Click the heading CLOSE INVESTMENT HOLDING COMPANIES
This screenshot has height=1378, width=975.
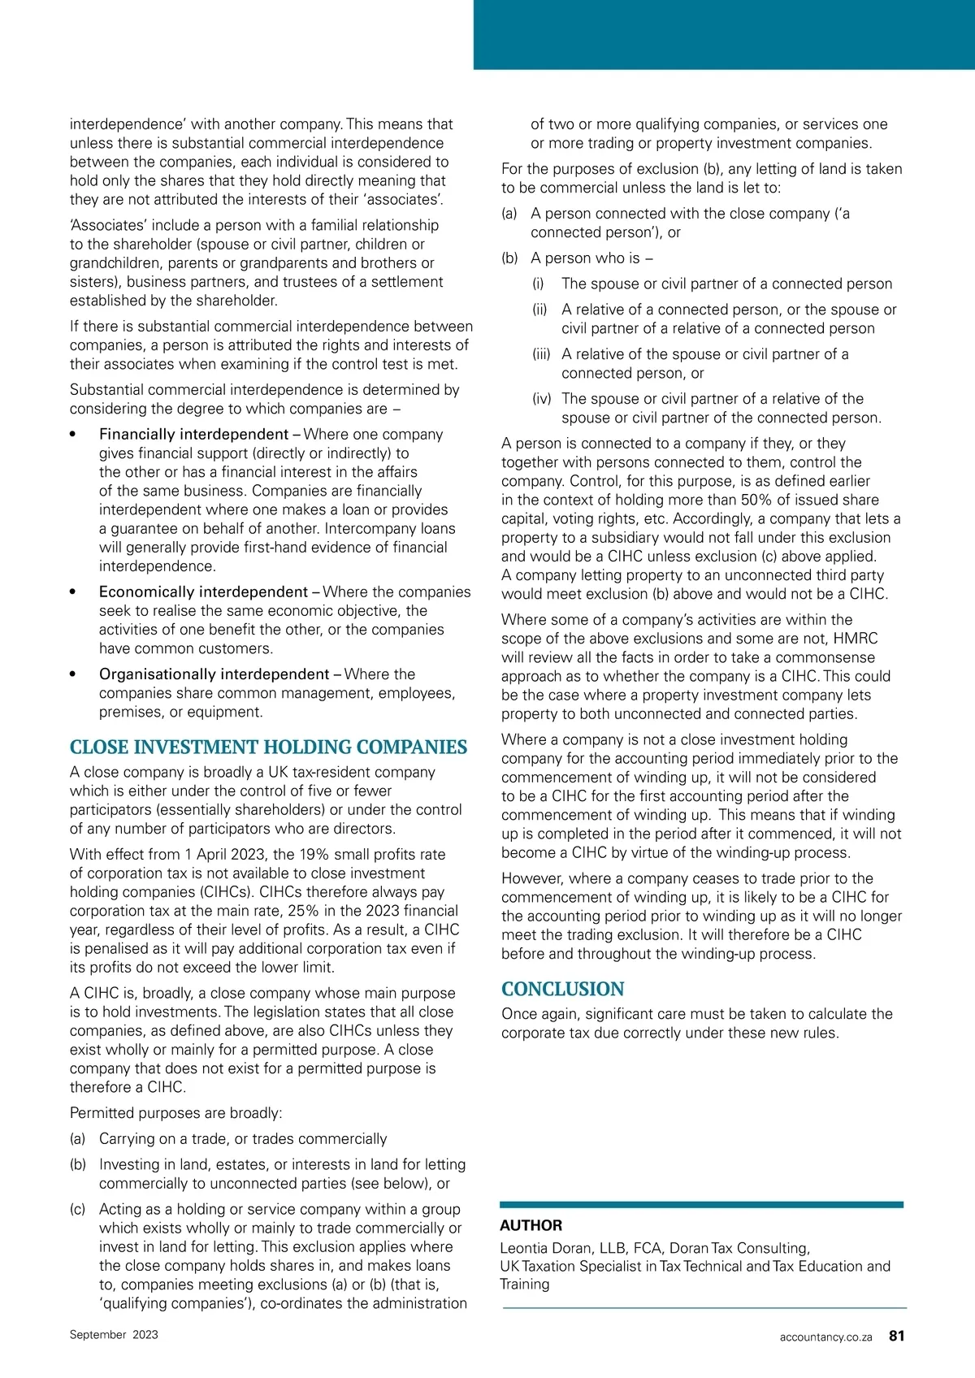click(268, 747)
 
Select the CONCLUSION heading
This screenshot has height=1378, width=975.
click(562, 989)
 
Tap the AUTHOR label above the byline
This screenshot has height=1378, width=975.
click(531, 1225)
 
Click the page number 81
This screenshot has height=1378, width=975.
click(896, 1336)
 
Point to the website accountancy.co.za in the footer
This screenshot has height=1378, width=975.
click(825, 1337)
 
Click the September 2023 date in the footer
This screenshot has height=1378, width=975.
click(114, 1334)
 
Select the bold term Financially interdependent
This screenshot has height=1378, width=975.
click(193, 434)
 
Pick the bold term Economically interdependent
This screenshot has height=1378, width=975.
click(203, 591)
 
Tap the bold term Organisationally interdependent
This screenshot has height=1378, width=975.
click(214, 674)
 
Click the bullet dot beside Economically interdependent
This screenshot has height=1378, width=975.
click(74, 592)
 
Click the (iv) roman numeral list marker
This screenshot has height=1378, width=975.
click(541, 399)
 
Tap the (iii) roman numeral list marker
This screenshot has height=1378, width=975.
click(541, 354)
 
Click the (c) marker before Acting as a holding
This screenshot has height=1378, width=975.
click(78, 1209)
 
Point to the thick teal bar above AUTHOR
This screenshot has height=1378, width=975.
click(701, 1205)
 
